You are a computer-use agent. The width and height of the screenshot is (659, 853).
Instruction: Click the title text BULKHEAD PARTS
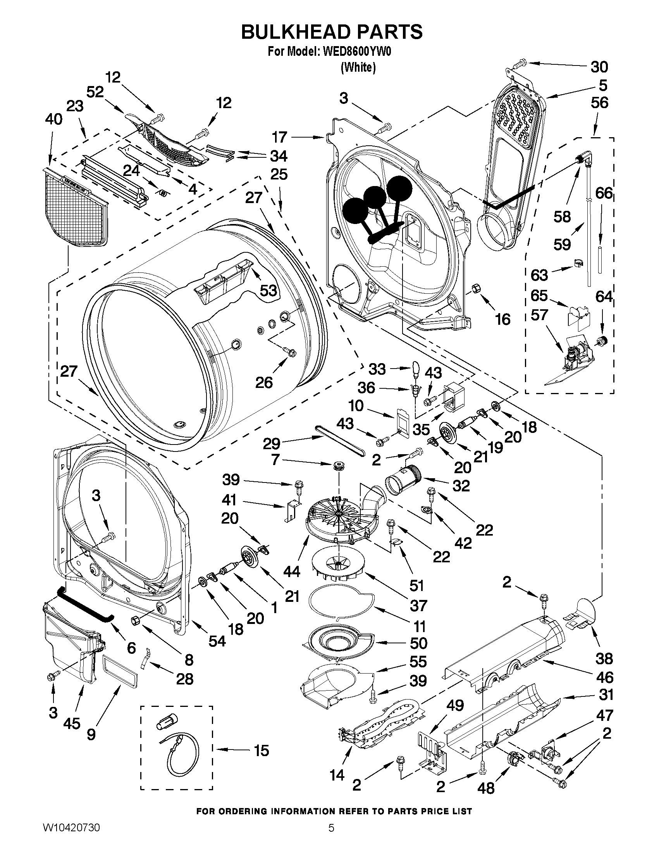[x=332, y=32]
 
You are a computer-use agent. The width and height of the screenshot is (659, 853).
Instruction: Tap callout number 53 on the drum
[x=268, y=290]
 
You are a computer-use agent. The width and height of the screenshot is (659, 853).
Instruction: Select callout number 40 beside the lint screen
[x=53, y=119]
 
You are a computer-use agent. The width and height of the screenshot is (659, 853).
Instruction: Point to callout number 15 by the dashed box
[x=261, y=750]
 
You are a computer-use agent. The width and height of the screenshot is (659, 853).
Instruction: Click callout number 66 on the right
[x=604, y=193]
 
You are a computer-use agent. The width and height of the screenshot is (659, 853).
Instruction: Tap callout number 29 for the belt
[x=271, y=443]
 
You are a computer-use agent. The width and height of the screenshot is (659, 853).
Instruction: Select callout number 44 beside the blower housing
[x=292, y=571]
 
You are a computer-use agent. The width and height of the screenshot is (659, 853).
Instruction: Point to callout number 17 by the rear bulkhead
[x=280, y=137]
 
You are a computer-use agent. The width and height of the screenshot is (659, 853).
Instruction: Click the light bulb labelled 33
[x=416, y=367]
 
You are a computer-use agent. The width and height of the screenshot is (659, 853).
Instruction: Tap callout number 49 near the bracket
[x=455, y=705]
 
